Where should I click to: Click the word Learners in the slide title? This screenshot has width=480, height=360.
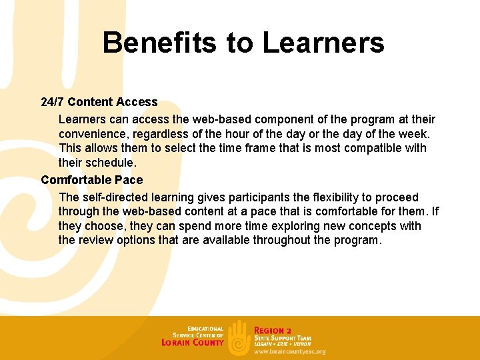(x=323, y=43)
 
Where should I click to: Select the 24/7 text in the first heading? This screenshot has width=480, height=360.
(x=52, y=102)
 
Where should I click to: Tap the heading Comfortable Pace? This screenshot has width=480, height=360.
(x=91, y=180)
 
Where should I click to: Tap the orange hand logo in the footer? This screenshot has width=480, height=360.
(x=239, y=337)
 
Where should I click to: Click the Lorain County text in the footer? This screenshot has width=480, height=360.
(x=192, y=342)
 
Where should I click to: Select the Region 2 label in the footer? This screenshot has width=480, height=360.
(x=273, y=330)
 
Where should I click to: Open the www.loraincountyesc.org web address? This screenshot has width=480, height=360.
(x=290, y=351)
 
